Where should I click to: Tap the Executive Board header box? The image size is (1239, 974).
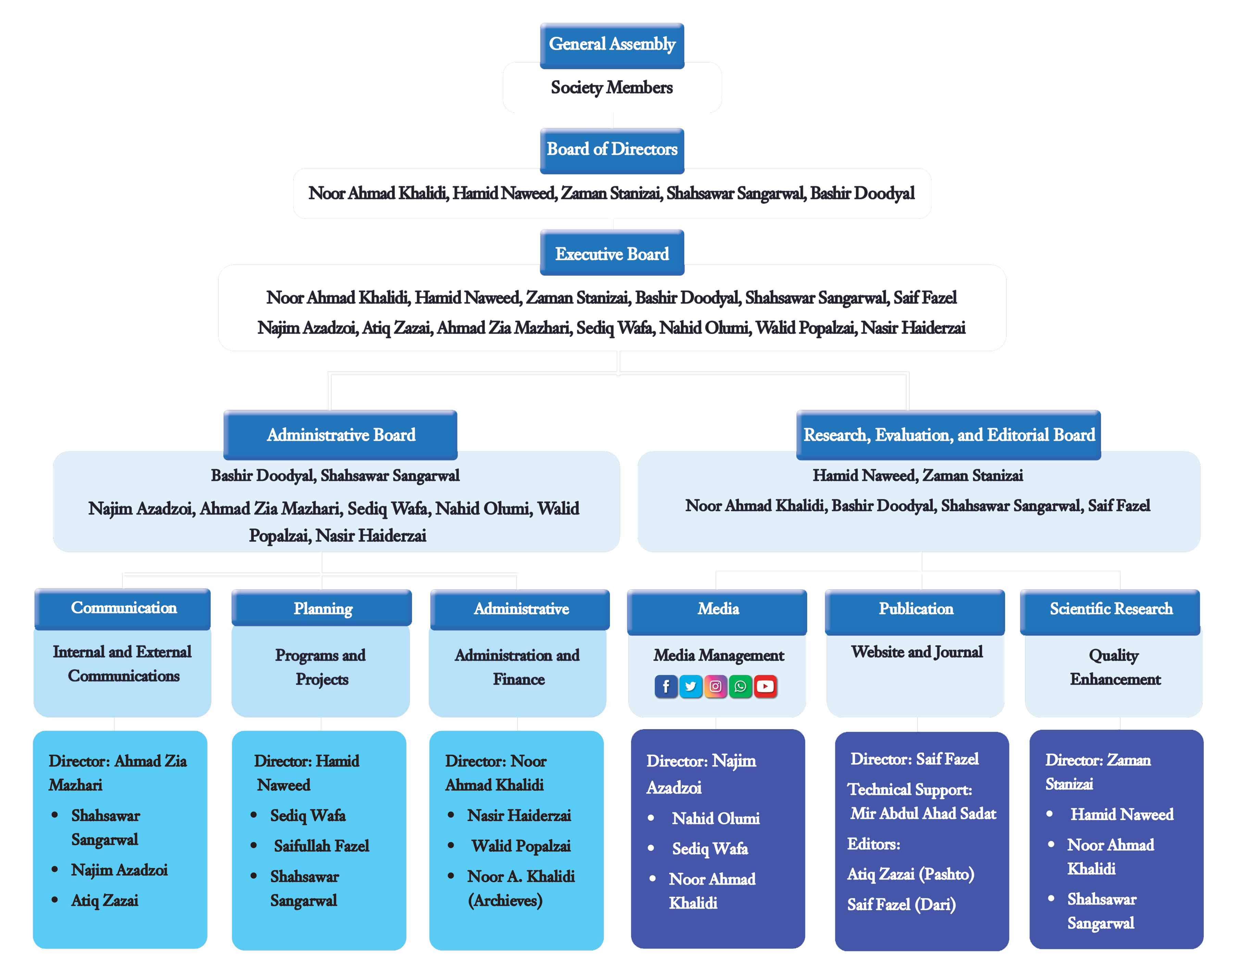612,254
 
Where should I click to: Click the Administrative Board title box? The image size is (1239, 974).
340,435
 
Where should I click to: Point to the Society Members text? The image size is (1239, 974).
612,88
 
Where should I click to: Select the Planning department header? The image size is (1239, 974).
322,609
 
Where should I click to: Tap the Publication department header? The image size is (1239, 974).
916,609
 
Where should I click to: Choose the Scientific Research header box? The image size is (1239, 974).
1111,609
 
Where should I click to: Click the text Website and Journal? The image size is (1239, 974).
916,652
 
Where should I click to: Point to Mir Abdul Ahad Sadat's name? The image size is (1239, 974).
923,814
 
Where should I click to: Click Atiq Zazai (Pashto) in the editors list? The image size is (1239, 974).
911,874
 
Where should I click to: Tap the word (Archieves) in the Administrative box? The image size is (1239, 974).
505,901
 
